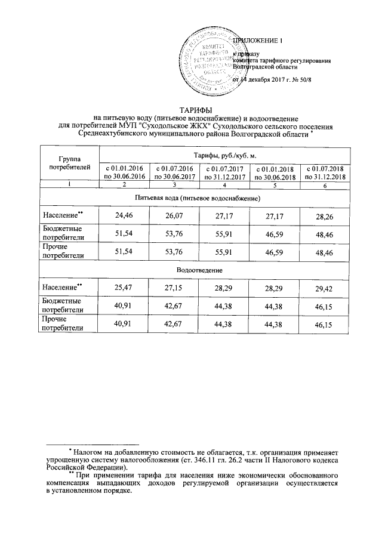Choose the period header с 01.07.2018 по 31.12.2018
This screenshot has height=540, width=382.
pos(325,173)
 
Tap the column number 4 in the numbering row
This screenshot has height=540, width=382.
pos(224,187)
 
